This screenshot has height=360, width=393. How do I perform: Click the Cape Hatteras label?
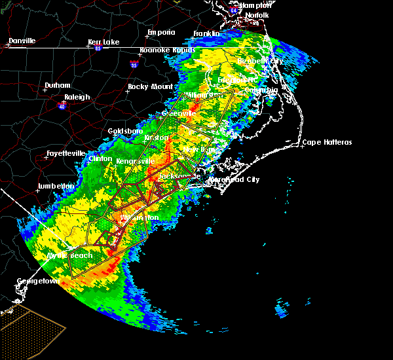(x=327, y=143)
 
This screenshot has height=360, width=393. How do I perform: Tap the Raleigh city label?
(x=77, y=97)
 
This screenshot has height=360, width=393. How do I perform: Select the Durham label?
(x=56, y=86)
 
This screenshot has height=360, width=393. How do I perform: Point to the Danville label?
(x=22, y=41)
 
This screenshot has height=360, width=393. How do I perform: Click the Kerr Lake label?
(x=103, y=42)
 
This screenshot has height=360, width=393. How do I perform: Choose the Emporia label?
(x=161, y=32)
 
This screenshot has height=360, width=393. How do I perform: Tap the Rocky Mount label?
(x=148, y=86)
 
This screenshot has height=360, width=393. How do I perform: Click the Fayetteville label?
(x=66, y=154)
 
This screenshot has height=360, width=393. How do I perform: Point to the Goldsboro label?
(x=125, y=131)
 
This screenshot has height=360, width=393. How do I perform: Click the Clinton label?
(x=100, y=158)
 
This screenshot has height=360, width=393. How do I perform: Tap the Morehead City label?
(x=234, y=179)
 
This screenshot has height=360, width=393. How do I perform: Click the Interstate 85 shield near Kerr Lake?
(x=98, y=48)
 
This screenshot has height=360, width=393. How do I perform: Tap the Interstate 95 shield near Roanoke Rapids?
(x=134, y=65)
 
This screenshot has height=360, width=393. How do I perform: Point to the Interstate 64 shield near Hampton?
(x=234, y=10)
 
